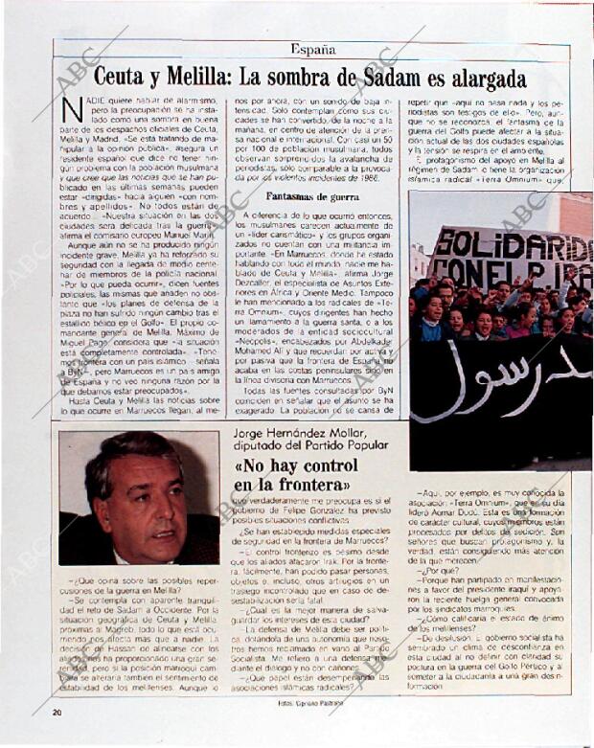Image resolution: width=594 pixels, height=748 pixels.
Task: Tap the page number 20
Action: [x=57, y=711]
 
